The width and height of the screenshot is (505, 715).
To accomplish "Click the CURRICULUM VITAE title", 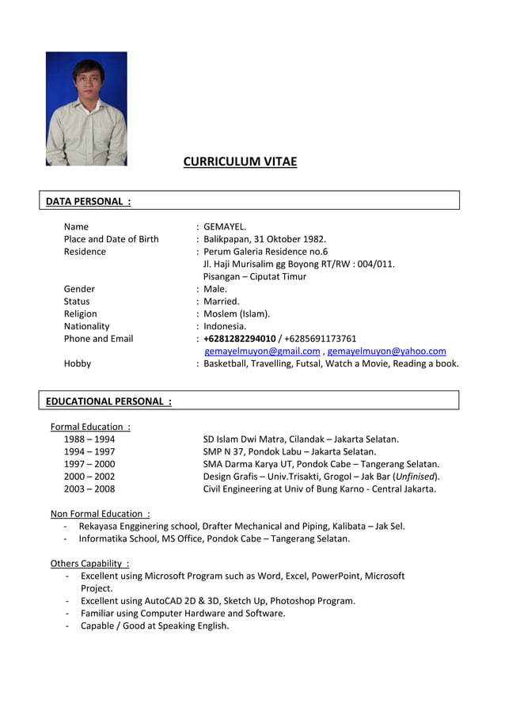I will pos(240,162).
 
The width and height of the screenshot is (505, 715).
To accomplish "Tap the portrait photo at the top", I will pos(86,108).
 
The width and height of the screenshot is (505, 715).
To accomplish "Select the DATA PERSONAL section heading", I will pos(88,201).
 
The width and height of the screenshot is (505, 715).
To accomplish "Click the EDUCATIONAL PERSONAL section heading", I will pos(108,401).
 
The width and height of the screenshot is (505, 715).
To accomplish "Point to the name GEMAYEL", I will pos(225,226).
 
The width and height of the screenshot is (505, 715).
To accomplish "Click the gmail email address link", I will pos(262,351).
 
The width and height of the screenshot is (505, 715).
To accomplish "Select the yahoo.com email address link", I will pos(386,351).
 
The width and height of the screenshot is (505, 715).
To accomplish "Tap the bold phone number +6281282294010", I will pos(240,339).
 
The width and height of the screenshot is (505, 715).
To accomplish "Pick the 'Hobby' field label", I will pos(78,363).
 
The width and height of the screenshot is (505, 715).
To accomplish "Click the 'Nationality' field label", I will pos(87,326).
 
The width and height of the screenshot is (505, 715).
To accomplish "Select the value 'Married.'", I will pos(222,301).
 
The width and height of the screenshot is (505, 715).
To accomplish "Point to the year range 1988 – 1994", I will pos(89,439).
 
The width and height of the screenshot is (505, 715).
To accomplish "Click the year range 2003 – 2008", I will pos(89,489).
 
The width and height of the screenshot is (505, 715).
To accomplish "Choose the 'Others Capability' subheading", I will pos(89,563).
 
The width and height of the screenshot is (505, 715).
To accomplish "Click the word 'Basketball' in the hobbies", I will pos(226,363).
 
